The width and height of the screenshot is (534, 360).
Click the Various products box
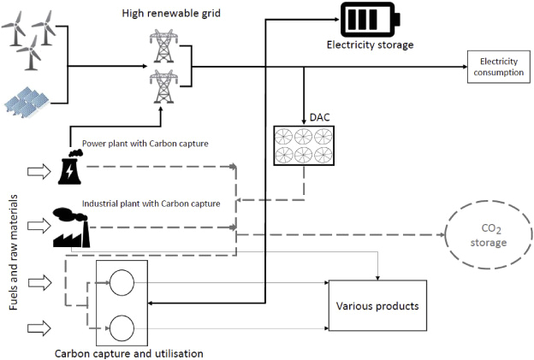(377, 304)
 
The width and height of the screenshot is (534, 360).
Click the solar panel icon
(28, 101)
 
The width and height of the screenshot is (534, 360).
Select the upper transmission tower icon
(160, 47)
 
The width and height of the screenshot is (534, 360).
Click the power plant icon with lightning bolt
(68, 168)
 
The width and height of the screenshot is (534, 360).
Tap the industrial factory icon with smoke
(71, 227)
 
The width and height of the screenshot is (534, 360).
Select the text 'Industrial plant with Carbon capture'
(151, 204)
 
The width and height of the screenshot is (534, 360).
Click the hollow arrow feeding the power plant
(39, 172)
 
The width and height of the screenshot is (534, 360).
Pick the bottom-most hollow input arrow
(39, 326)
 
